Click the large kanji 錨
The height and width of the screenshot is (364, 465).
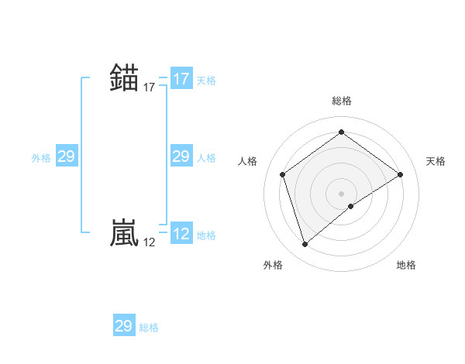click(125, 77)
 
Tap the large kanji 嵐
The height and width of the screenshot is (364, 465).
click(125, 232)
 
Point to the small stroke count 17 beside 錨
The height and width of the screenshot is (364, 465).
click(150, 88)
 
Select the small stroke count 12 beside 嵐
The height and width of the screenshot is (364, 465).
click(150, 243)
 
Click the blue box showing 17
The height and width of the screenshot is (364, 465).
click(181, 79)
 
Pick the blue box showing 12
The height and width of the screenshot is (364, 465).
click(181, 235)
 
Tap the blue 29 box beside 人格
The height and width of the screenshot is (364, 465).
click(181, 157)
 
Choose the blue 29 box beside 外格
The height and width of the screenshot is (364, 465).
click(67, 157)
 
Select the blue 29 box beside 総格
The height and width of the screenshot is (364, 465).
click(124, 326)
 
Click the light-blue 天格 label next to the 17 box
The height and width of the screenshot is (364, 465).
click(206, 81)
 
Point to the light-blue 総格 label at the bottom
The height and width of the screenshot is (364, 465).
click(149, 328)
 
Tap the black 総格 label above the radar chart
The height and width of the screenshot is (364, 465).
click(342, 101)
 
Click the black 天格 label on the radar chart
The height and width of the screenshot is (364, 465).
click(436, 161)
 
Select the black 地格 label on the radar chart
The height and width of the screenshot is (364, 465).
click(406, 266)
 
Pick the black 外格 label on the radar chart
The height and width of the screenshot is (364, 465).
click(273, 266)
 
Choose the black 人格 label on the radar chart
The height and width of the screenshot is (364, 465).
click(247, 161)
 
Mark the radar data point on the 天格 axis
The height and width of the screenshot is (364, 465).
click(400, 174)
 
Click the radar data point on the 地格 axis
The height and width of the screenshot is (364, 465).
click(351, 206)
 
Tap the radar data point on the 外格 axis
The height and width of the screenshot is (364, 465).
click(305, 245)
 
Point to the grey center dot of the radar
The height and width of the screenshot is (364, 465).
click(342, 193)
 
